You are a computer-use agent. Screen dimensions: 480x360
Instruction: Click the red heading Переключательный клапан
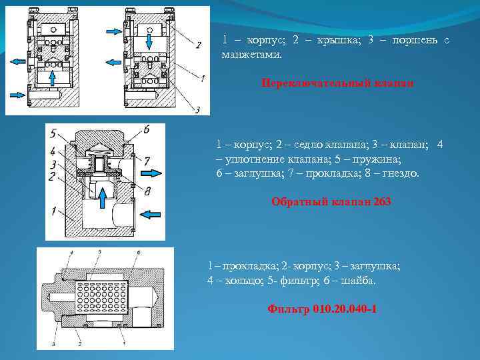pyautogui.click(x=337, y=83)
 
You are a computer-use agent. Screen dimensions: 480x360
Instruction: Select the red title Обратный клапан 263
pyautogui.click(x=331, y=202)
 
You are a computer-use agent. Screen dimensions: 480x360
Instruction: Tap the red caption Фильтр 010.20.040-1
pyautogui.click(x=322, y=309)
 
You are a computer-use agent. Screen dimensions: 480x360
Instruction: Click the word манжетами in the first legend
pyautogui.click(x=251, y=54)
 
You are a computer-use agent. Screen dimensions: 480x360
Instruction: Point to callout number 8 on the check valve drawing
pyautogui.click(x=147, y=191)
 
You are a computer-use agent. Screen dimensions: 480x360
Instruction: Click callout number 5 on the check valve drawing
pyautogui.click(x=53, y=133)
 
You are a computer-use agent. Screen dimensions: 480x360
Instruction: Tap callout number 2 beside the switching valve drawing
pyautogui.click(x=198, y=45)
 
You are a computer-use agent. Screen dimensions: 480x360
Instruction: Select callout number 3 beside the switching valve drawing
pyautogui.click(x=198, y=109)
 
